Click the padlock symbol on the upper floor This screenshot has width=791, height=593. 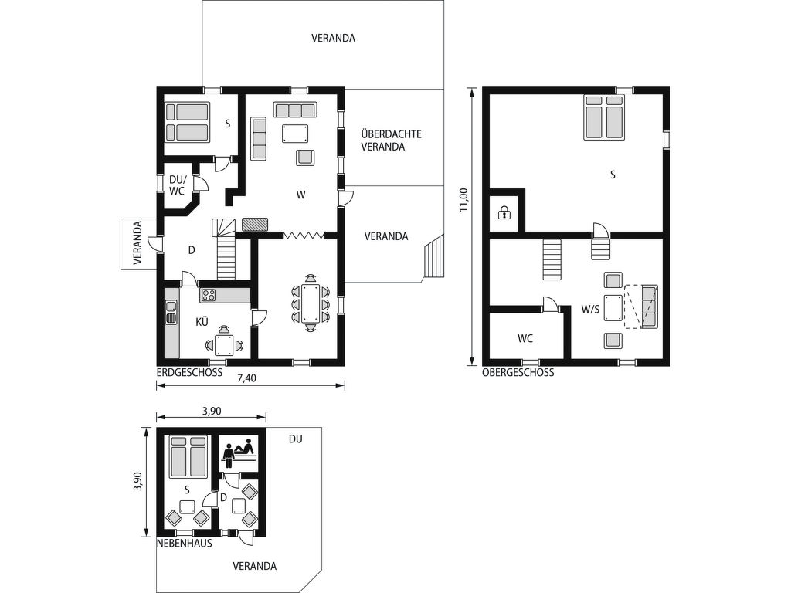[504, 213]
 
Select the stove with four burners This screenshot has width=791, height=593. [208, 296]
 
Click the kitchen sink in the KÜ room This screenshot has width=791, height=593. [171, 311]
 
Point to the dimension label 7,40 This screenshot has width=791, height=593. [246, 378]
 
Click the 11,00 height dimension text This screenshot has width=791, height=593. [464, 200]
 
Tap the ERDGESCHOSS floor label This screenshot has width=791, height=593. [190, 373]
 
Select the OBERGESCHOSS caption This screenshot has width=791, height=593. [518, 373]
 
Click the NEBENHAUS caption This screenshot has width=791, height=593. [185, 544]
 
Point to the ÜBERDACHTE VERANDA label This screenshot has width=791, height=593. [391, 141]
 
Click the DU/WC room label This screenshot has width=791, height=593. [178, 185]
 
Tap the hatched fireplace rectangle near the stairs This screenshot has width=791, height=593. [255, 224]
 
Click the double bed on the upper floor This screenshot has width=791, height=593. [604, 117]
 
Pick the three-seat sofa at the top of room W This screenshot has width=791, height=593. [295, 110]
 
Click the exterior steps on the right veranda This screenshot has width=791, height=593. [433, 257]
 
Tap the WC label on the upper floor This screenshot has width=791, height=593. [525, 339]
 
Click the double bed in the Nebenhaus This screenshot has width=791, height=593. [188, 456]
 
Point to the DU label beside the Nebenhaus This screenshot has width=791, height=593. [296, 439]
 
